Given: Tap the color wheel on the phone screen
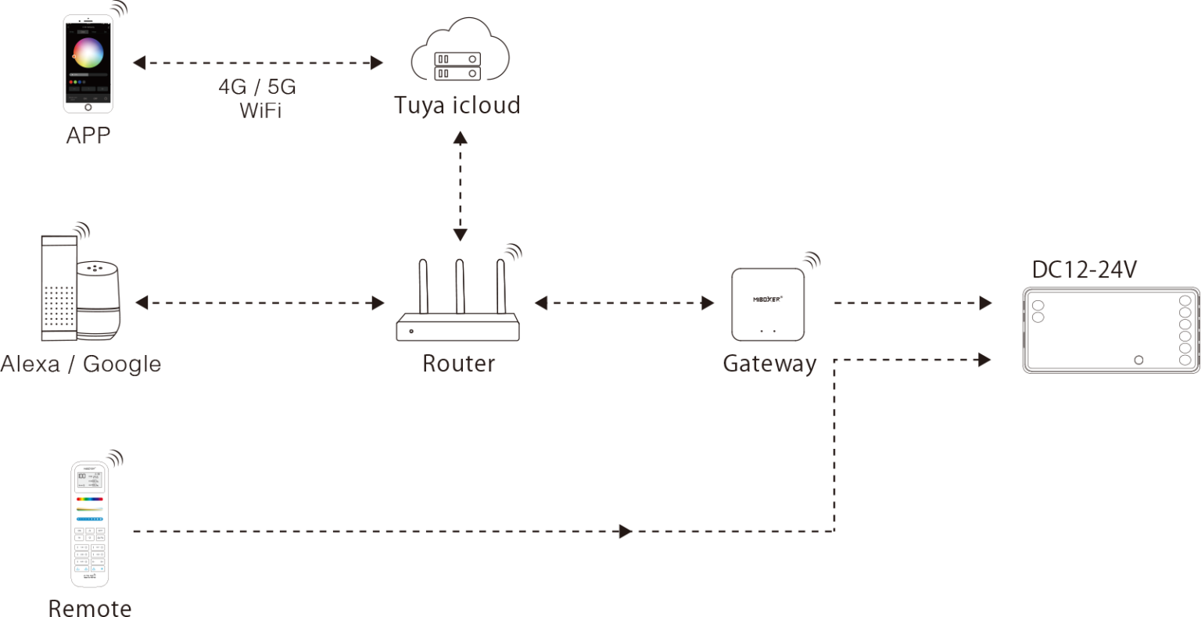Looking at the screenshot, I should (88, 52).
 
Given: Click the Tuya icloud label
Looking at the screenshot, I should (457, 104).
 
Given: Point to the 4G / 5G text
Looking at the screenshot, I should (256, 86).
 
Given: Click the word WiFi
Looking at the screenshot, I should (260, 109).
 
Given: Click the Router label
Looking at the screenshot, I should (458, 364).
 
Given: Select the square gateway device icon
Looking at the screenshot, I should (767, 304).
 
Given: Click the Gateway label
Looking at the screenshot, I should (769, 364).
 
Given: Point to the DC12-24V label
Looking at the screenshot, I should (1084, 271).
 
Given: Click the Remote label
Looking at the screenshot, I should (89, 607).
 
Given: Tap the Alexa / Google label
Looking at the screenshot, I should (81, 364).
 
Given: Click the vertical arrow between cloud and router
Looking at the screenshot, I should (460, 186).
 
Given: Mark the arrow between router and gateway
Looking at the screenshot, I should (624, 303).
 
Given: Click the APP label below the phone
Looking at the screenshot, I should (88, 135).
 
